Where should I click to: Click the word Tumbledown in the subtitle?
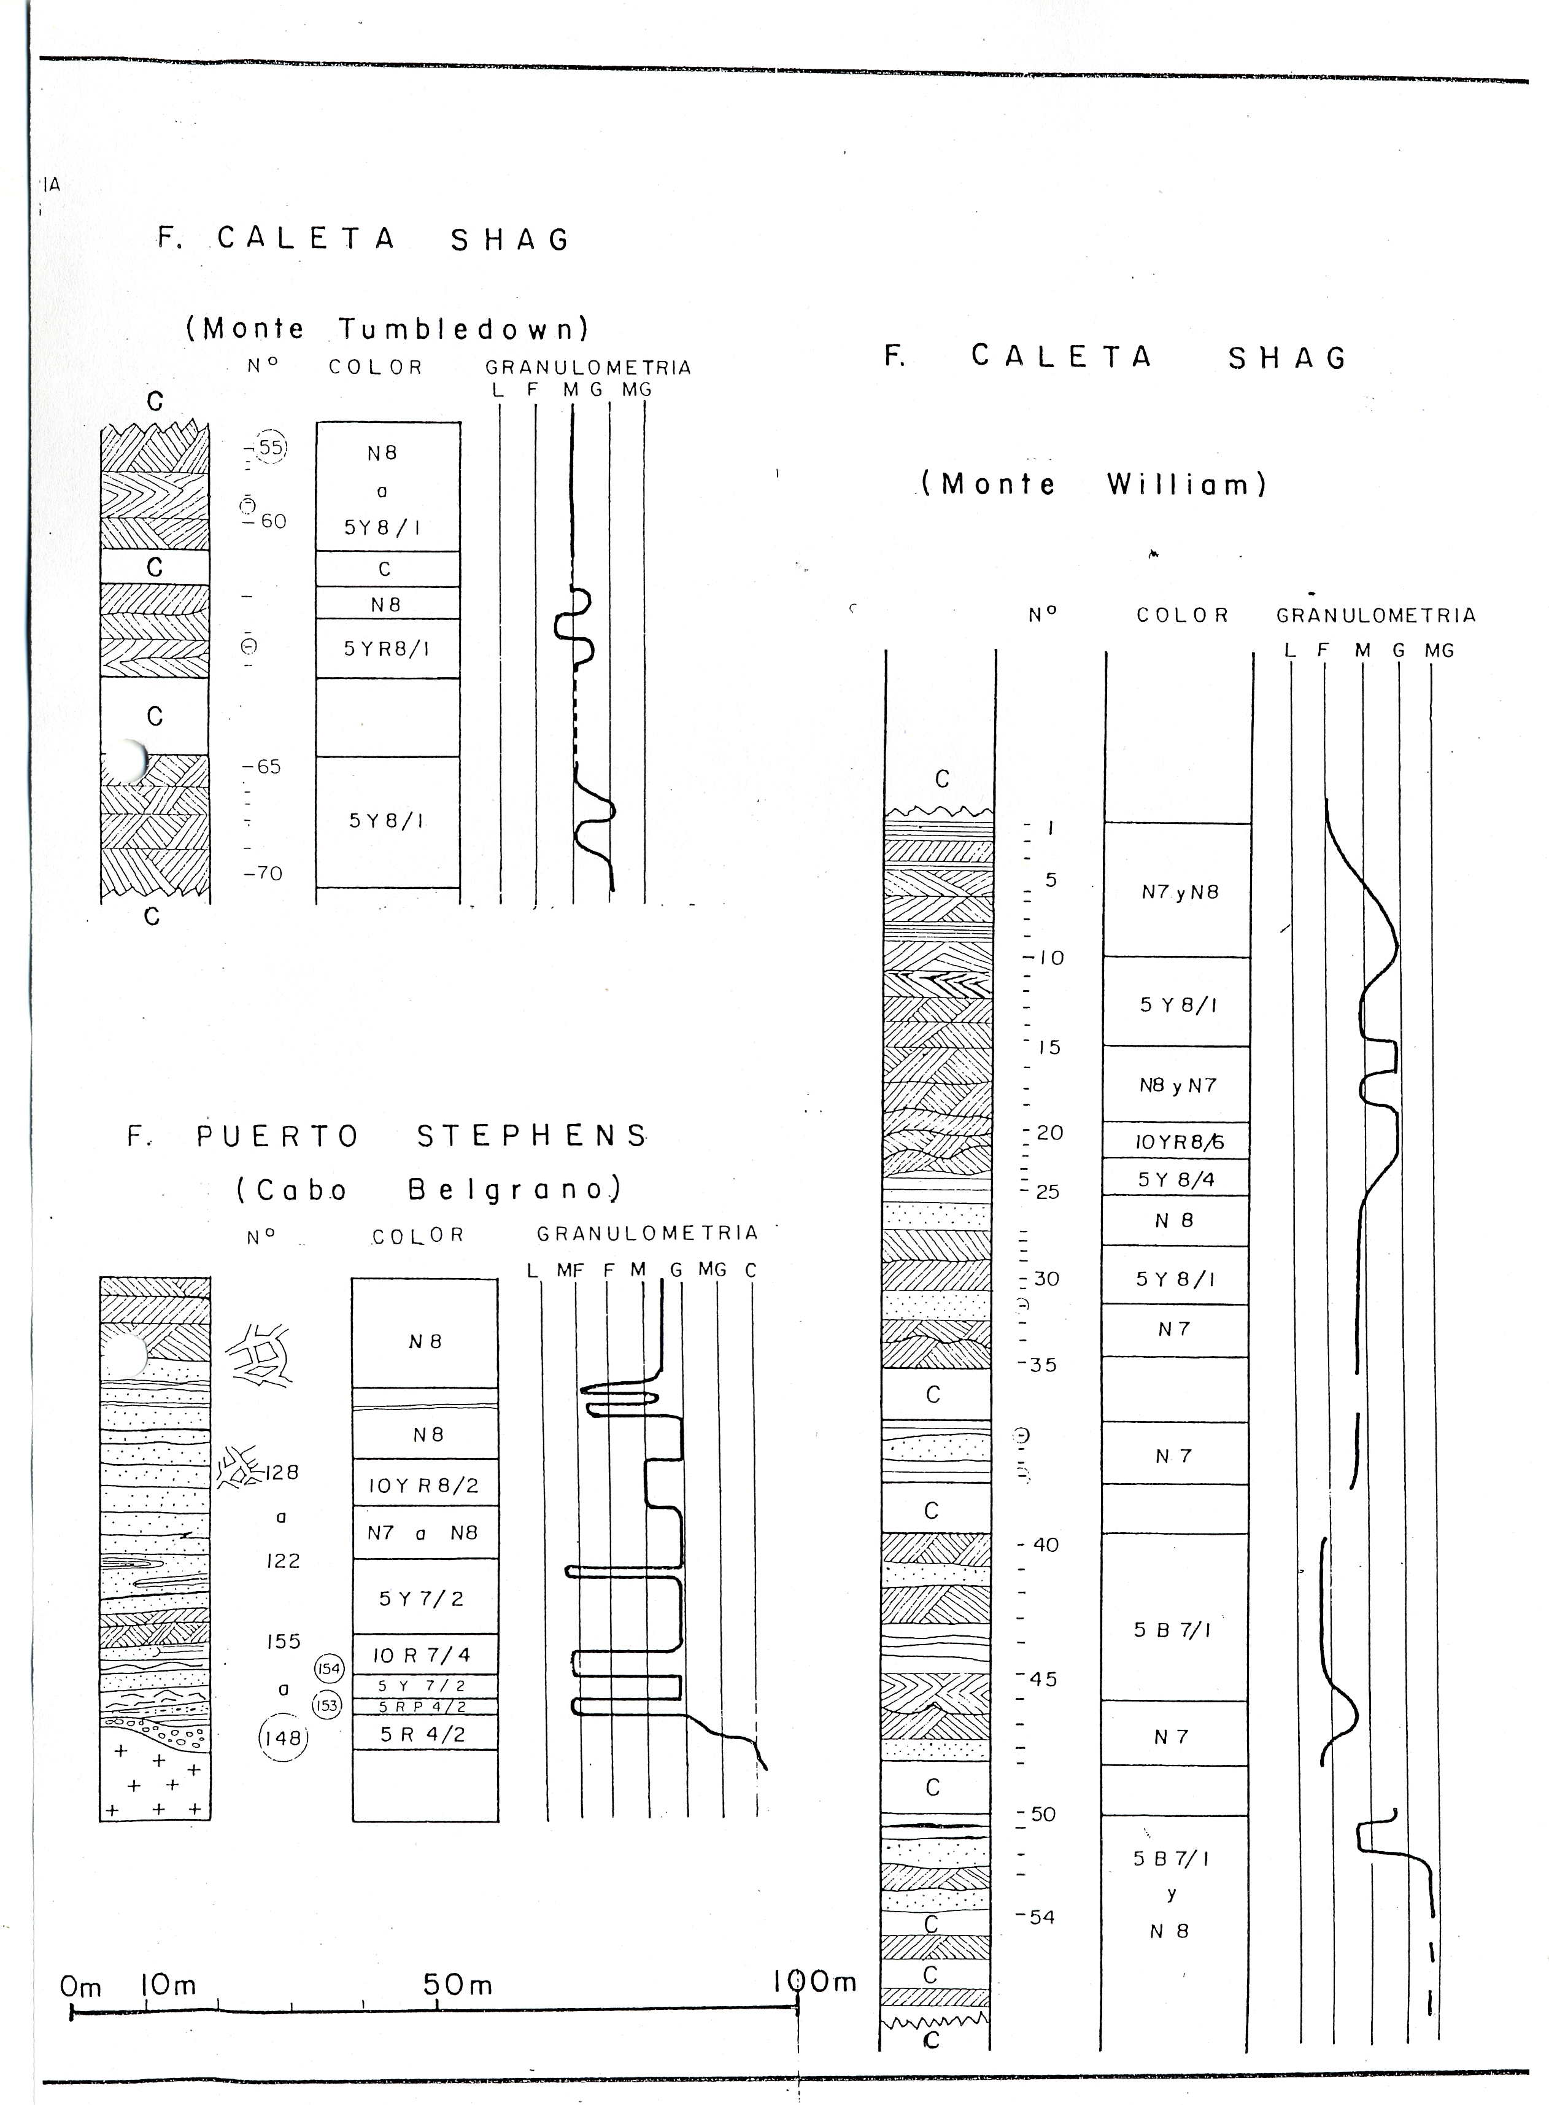[x=463, y=329]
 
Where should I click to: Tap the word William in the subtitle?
[x=1186, y=485]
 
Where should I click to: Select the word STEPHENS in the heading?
[x=531, y=1136]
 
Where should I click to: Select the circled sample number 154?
[x=329, y=1668]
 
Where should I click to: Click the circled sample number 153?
[x=326, y=1705]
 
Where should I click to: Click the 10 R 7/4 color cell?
[x=422, y=1655]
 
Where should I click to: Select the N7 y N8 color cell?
[x=1180, y=892]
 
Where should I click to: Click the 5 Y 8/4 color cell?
[x=1176, y=1179]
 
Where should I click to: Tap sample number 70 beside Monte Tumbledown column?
[x=265, y=873]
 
